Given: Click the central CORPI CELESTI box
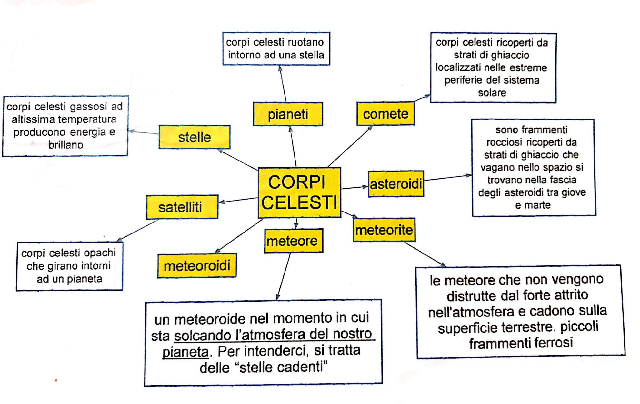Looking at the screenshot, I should [x=299, y=192].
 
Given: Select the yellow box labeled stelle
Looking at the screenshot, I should [x=195, y=137].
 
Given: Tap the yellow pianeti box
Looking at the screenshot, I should [x=288, y=114].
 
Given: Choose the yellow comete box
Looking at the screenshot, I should [x=385, y=114].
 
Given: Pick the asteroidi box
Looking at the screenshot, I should [x=396, y=184].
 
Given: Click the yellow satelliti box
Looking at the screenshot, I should [x=182, y=207].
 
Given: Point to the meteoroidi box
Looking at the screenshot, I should [x=197, y=265].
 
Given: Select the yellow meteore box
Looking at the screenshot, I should [x=293, y=241].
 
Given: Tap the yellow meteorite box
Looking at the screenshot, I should [x=384, y=230].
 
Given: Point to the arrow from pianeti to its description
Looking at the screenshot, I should [x=283, y=84].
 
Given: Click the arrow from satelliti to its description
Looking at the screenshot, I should [x=137, y=231].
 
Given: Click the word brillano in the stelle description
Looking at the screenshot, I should [x=66, y=145].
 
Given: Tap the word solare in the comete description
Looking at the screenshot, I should [x=492, y=93].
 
